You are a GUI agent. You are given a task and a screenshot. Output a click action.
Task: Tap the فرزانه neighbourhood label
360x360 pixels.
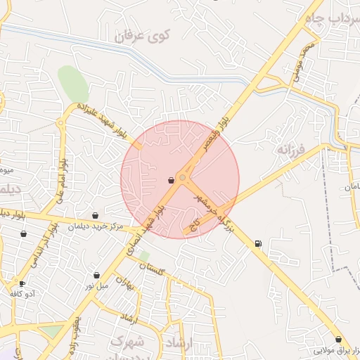click(290, 149)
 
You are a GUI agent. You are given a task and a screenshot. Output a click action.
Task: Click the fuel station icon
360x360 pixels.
click(258, 244)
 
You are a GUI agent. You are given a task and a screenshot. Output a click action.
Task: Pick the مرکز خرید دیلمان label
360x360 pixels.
click(98, 226)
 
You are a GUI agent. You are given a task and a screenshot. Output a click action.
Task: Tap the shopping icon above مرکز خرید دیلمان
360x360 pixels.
click(96, 216)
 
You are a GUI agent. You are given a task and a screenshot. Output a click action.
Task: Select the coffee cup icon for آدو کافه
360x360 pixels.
click(22, 284)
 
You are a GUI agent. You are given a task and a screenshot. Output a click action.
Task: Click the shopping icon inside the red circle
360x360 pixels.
click(172, 181)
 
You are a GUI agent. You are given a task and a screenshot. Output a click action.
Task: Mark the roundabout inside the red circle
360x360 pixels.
click(183, 179)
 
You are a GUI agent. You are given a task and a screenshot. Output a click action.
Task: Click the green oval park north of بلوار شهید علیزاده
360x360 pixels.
click(73, 84)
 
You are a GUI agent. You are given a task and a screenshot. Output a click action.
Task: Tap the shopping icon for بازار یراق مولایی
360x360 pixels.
click(338, 339)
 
